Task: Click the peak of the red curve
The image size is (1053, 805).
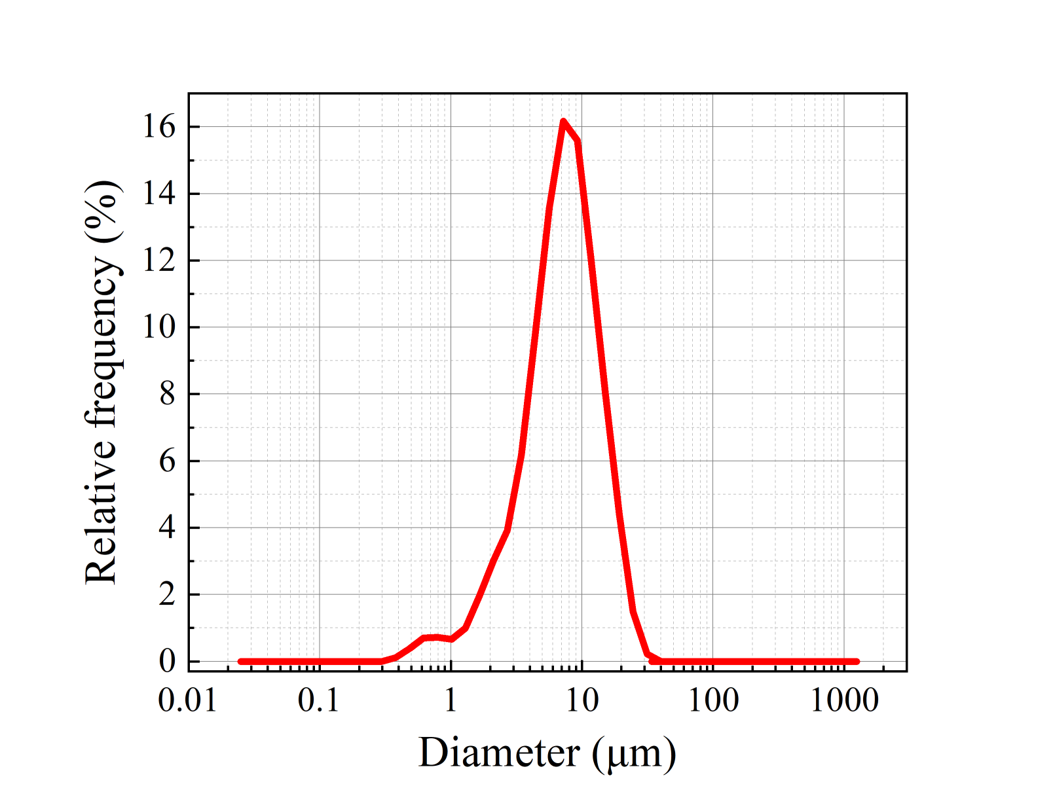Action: pos(563,121)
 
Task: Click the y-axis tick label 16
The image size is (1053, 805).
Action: pos(159,126)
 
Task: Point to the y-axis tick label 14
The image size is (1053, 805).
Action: pos(159,194)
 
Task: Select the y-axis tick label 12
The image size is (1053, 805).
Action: pos(159,260)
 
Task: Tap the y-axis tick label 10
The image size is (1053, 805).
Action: pos(159,327)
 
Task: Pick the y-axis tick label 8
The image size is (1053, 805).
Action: pos(168,394)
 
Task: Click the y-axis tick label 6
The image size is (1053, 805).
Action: pos(168,461)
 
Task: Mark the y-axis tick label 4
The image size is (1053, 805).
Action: pos(168,528)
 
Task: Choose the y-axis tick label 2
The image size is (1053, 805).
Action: pos(168,595)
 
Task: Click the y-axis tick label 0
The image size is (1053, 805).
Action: pos(168,661)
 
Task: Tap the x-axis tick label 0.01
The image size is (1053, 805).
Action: pos(187,701)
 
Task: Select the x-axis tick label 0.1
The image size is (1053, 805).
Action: pos(319,701)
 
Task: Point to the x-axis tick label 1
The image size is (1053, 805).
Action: pos(451,701)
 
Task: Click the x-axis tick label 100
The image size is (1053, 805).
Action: pos(713,701)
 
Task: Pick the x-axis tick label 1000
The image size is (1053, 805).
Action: pos(845,701)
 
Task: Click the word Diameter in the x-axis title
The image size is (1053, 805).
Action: pos(499,753)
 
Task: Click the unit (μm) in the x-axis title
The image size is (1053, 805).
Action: pos(633,753)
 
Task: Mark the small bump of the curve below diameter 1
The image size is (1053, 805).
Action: pos(432,637)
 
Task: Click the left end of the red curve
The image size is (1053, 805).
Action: pos(240,661)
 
